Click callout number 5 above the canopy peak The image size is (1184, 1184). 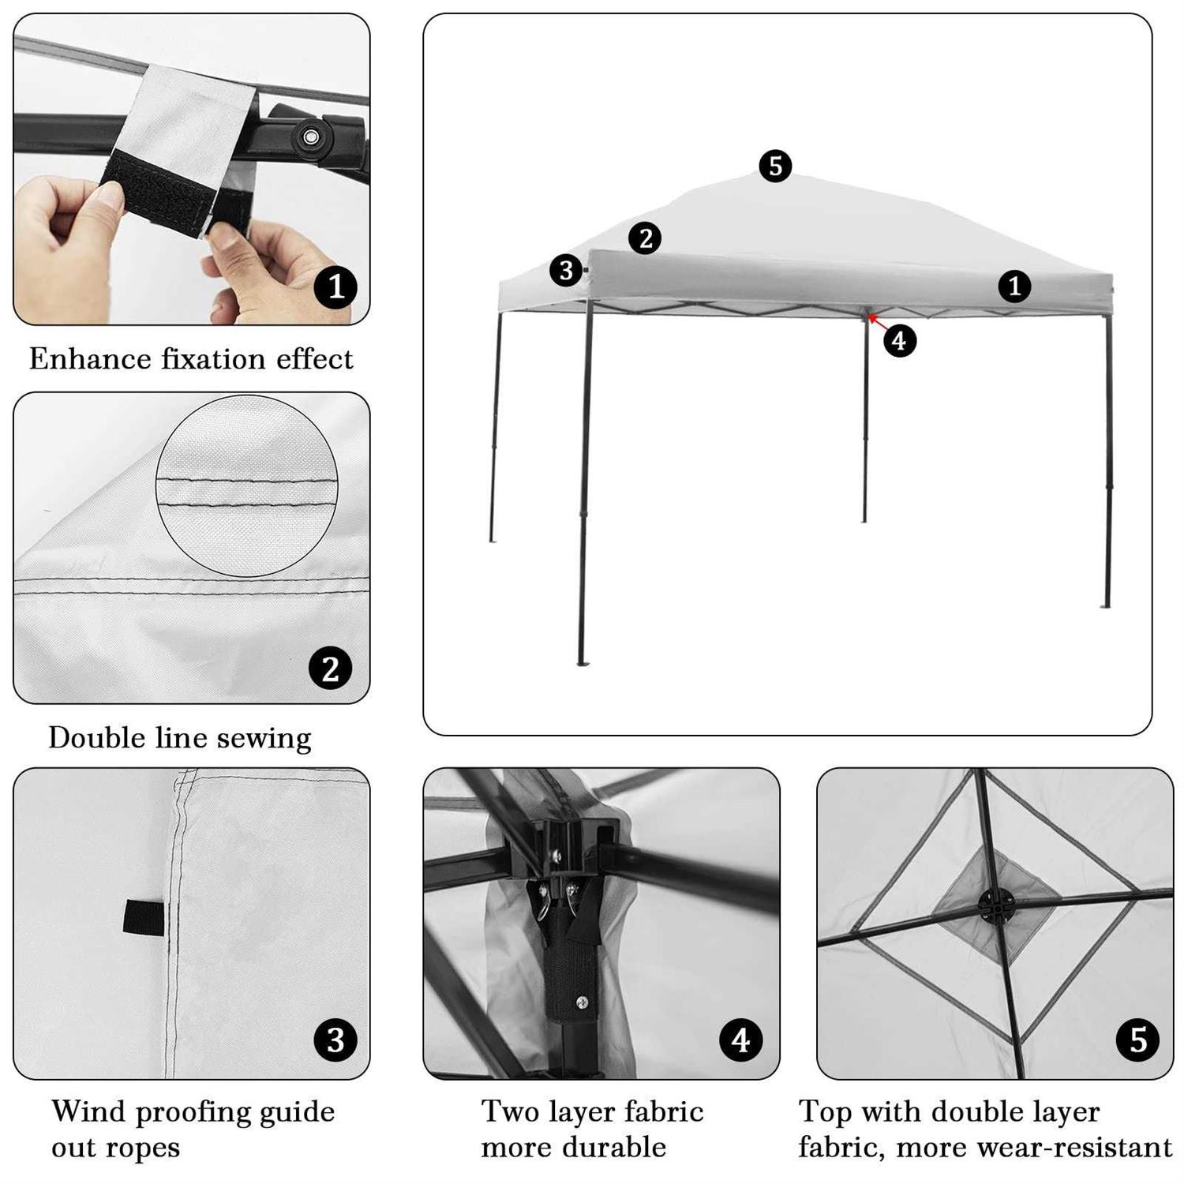[x=775, y=166]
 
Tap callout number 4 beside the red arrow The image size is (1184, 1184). [x=899, y=341]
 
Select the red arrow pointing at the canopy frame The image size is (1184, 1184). [x=875, y=320]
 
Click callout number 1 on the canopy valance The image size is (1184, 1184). [x=1014, y=286]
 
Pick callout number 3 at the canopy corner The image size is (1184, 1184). [x=566, y=271]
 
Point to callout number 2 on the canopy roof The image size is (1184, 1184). [x=645, y=238]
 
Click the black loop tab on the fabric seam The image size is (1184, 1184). [x=143, y=918]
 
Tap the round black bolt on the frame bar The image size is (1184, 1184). [x=311, y=137]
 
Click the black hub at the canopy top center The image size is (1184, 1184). [x=996, y=905]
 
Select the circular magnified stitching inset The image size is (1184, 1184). [x=246, y=485]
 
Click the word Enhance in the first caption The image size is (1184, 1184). [x=89, y=359]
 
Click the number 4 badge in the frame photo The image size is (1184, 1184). [x=740, y=1040]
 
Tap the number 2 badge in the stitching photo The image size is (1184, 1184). [x=330, y=669]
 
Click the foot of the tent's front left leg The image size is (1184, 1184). [x=583, y=662]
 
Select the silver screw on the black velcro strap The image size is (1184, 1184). [x=582, y=1002]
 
